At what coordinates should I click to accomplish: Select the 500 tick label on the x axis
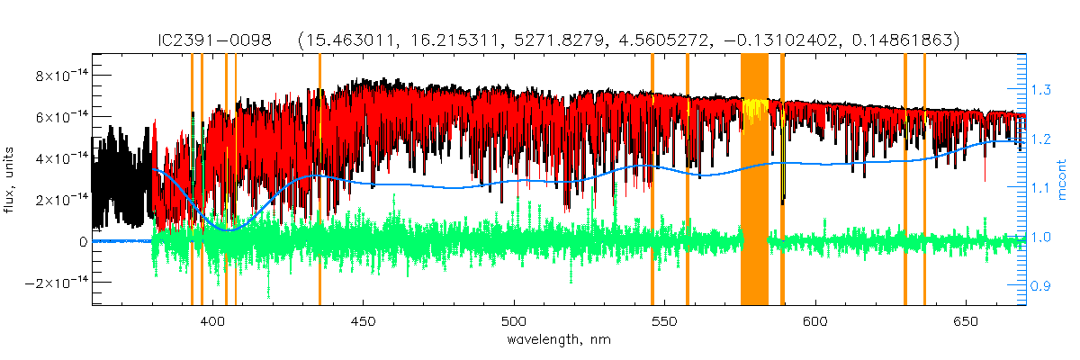pos(514,321)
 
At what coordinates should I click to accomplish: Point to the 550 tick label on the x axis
pos(664,321)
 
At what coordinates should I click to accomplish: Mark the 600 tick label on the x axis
pos(814,321)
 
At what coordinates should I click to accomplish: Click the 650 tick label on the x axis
pos(965,321)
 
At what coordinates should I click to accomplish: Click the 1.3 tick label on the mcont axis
pos(1041,90)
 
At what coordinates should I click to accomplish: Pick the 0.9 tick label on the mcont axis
pos(1041,286)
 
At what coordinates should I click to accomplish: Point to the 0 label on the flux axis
pos(82,241)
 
